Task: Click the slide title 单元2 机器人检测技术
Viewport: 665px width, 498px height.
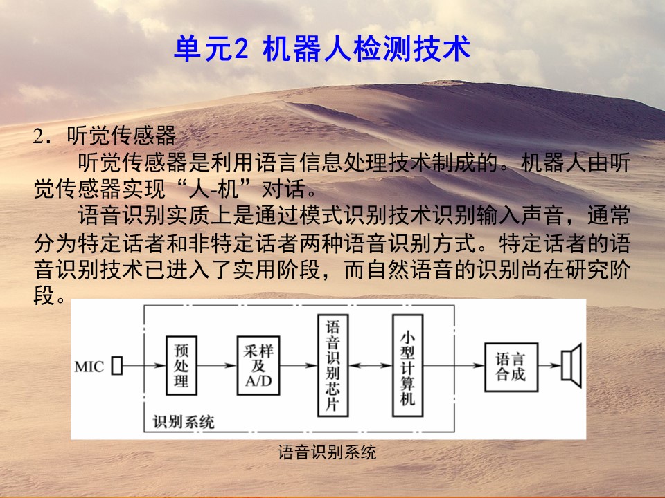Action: pos(322,48)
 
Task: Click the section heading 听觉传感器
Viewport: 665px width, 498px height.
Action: pos(121,135)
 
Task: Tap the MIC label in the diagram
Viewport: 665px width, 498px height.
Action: pos(89,367)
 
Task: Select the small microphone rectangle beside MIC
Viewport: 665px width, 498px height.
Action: pos(117,365)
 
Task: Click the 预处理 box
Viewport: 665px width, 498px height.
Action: pos(181,365)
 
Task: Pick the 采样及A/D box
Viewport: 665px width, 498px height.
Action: pos(258,365)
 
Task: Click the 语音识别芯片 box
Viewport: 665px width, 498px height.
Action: pos(333,365)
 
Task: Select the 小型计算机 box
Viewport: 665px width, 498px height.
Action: pos(407,365)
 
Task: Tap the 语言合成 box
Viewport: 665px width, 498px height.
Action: pos(511,367)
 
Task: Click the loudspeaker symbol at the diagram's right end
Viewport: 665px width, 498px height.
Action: pos(571,365)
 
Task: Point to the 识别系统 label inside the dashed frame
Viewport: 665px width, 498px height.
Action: pos(184,422)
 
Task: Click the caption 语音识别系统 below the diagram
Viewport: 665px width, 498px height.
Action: pos(326,452)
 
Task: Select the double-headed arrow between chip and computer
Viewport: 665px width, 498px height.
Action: pos(370,365)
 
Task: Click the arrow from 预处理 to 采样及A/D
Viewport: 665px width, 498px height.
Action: pos(217,365)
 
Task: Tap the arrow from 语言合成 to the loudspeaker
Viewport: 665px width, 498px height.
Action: pos(549,365)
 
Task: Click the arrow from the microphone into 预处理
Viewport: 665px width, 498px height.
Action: pos(144,365)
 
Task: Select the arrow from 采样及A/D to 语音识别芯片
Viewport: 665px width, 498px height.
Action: pos(299,365)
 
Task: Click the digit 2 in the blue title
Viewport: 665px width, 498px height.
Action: pos(240,49)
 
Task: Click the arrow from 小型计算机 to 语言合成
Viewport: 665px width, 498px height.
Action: pos(454,365)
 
